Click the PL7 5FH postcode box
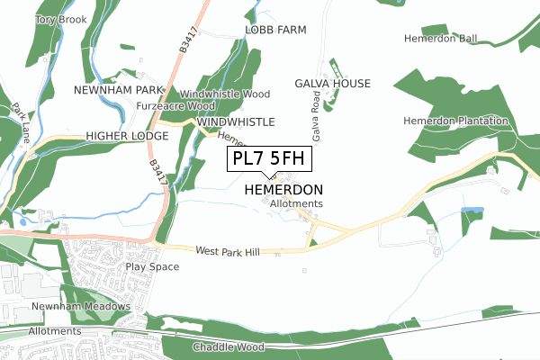pyautogui.click(x=269, y=159)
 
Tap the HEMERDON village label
pyautogui.click(x=283, y=191)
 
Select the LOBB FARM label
pyautogui.click(x=275, y=30)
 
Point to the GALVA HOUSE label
pyautogui.click(x=332, y=84)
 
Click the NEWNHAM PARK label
pyautogui.click(x=119, y=91)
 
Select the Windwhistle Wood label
pyautogui.click(x=225, y=94)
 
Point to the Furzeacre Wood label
pyautogui.click(x=170, y=106)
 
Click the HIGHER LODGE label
pyautogui.click(x=127, y=136)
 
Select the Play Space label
pyautogui.click(x=147, y=267)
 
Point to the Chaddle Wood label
pyautogui.click(x=228, y=346)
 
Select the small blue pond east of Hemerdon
pyautogui.click(x=472, y=210)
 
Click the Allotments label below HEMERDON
pyautogui.click(x=296, y=204)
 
